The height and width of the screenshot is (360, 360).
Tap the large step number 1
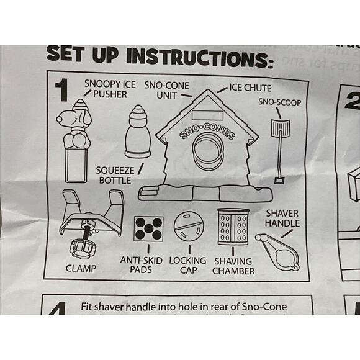(61, 91)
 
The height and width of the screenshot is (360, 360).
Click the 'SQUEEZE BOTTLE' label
(114, 175)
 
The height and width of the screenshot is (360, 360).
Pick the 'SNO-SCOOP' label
(281, 101)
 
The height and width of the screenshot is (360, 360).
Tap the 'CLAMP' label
(81, 269)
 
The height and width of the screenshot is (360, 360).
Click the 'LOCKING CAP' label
(187, 265)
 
